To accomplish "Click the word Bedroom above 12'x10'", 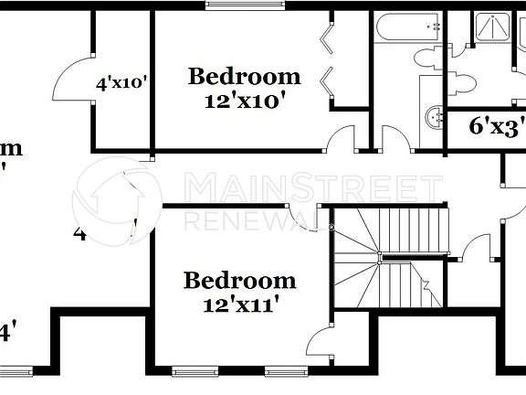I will (x=244, y=76).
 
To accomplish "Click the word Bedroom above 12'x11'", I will (x=239, y=280).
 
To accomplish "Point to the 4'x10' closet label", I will (x=121, y=83).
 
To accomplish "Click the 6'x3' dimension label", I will (x=494, y=128).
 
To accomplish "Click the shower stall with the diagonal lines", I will (x=494, y=27).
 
